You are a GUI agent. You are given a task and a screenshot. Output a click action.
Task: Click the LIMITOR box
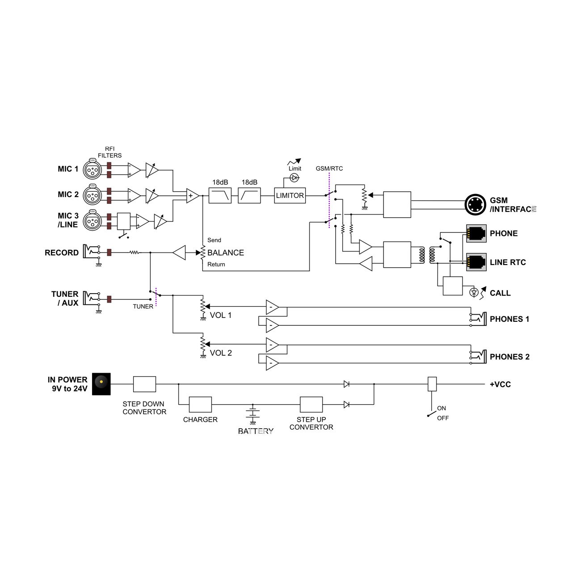[x=290, y=195]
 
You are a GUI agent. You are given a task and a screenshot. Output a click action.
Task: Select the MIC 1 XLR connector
[x=92, y=169]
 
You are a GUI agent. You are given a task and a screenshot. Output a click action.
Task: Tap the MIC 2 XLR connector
[x=92, y=195]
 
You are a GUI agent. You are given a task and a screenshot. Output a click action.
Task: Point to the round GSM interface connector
[x=475, y=204]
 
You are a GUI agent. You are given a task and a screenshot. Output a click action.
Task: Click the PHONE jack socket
[x=476, y=233]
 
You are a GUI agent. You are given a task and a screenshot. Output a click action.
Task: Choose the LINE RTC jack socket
[x=476, y=262]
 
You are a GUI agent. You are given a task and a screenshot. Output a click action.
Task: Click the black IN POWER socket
[x=101, y=384]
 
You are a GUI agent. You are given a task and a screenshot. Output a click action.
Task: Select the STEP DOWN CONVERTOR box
[x=144, y=384]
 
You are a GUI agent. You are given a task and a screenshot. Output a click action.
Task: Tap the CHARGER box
[x=200, y=404]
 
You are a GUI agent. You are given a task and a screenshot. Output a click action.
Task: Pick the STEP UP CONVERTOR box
[x=311, y=404]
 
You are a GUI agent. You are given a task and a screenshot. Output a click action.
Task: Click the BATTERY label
[x=255, y=431]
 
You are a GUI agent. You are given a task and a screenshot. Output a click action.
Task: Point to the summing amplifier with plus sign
[x=193, y=196]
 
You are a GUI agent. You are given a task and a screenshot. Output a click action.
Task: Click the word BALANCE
[x=226, y=253]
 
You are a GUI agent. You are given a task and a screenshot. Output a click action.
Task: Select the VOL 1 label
[x=220, y=315]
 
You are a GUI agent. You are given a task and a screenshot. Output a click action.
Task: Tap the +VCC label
[x=500, y=384]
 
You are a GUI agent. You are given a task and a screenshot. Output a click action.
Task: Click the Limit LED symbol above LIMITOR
[x=294, y=178]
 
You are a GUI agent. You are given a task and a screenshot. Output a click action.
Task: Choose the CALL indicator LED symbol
[x=474, y=292]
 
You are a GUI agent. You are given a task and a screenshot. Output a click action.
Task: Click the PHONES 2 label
[x=509, y=357]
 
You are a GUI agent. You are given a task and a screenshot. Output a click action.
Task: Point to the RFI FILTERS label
[x=110, y=152]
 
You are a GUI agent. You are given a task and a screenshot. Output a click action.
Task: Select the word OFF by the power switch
[x=442, y=418]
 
